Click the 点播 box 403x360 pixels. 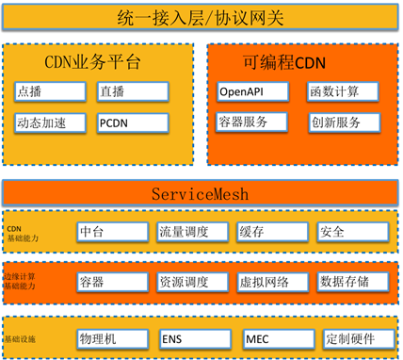tap(51, 92)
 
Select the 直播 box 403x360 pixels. tap(132, 92)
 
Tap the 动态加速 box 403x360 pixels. tap(51, 123)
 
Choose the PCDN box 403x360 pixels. tap(132, 123)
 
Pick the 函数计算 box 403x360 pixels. tap(343, 91)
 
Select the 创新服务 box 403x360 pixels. tap(343, 123)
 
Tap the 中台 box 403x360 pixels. tap(112, 232)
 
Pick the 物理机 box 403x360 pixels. tap(112, 337)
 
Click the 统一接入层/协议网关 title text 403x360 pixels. tap(201, 17)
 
